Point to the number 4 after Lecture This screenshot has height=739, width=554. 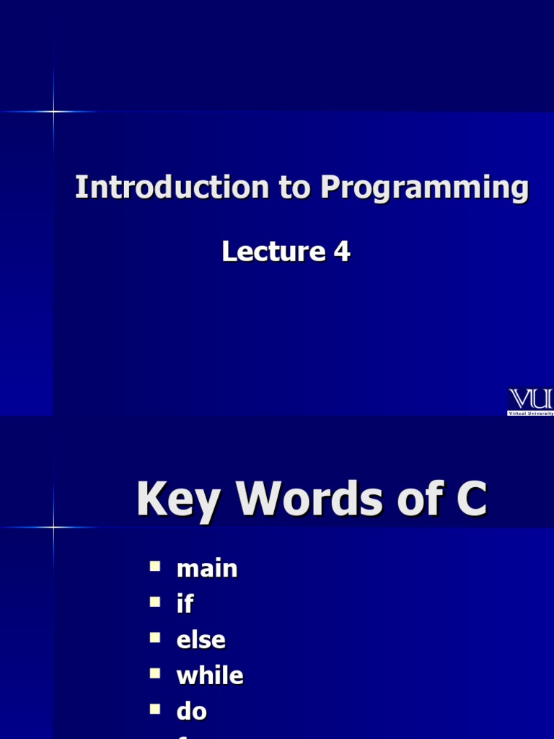click(342, 251)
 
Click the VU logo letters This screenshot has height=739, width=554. click(531, 399)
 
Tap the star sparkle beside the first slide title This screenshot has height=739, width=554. click(53, 111)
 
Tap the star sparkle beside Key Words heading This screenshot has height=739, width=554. click(53, 527)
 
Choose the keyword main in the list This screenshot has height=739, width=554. click(207, 569)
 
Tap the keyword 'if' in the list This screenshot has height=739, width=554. click(185, 604)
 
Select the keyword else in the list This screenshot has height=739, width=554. click(201, 640)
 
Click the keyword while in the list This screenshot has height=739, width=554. click(210, 675)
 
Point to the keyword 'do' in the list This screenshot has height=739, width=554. click(192, 712)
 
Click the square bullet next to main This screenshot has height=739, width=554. click(155, 567)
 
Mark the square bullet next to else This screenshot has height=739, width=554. click(155, 638)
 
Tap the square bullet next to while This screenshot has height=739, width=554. click(155, 673)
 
